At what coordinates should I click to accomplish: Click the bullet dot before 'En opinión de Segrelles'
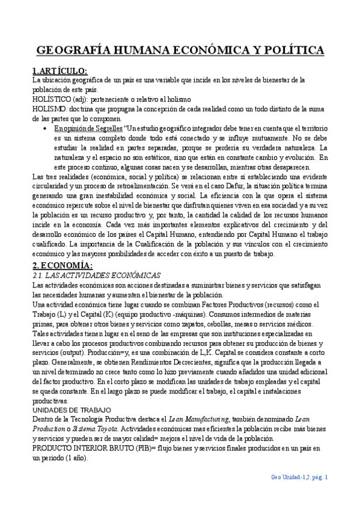[47, 128]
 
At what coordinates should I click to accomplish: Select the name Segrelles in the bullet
[107, 128]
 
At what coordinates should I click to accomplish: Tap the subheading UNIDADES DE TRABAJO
[66, 411]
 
